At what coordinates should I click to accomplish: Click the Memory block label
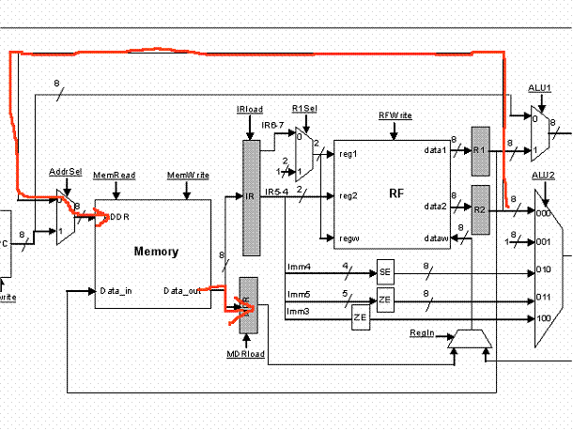pos(157,252)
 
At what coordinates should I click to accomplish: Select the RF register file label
pos(396,194)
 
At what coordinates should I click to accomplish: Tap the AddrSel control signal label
pos(62,174)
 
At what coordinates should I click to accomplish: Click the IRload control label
pos(249,110)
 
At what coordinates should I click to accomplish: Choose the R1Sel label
pos(303,109)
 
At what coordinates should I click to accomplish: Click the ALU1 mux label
pos(538,87)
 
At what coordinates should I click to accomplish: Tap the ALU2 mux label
pos(543,176)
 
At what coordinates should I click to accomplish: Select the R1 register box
pos(480,150)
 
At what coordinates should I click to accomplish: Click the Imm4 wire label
pos(298,268)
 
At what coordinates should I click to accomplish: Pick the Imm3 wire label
pos(298,311)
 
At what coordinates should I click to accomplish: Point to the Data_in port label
pos(116,290)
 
